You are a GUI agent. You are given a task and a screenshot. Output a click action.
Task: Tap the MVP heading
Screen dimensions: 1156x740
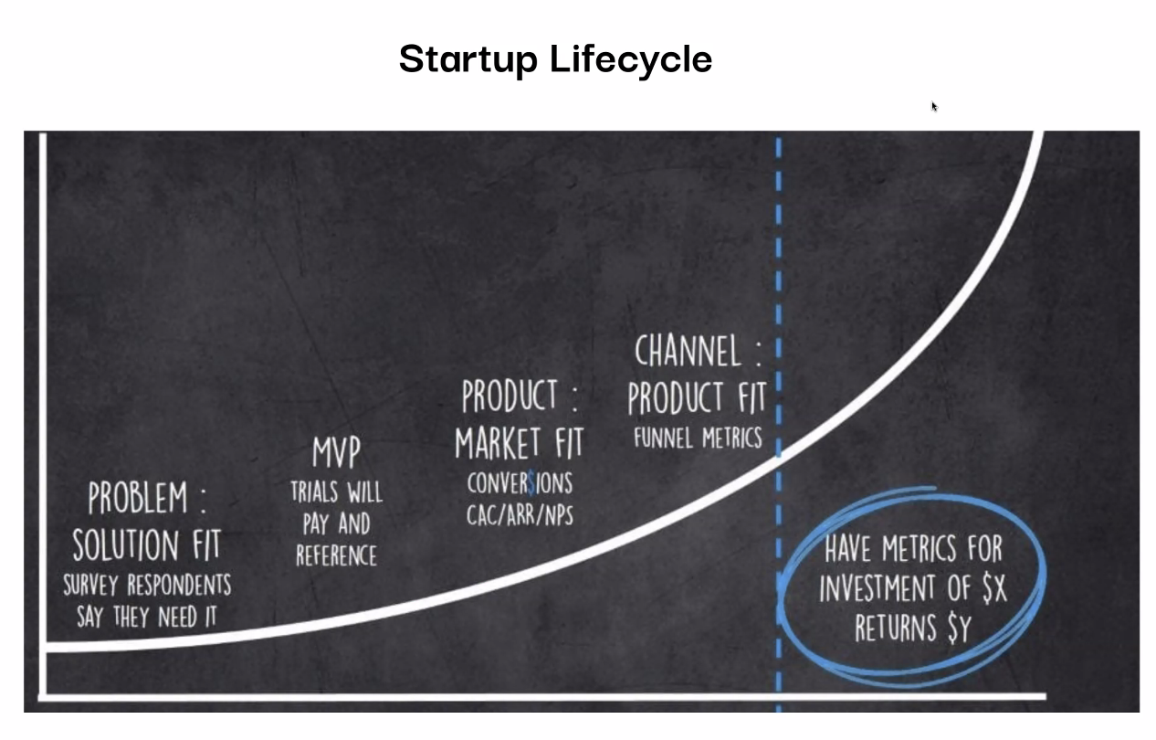point(336,452)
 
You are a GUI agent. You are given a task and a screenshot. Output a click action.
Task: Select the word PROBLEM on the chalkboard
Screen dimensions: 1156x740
point(137,497)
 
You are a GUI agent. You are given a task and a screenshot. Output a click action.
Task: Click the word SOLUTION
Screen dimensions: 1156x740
point(126,544)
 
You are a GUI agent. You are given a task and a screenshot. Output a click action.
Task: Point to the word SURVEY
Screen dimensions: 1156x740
point(90,585)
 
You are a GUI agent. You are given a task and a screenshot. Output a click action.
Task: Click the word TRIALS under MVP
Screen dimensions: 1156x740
point(314,492)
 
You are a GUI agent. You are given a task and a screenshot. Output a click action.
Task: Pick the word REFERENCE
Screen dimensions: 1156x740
point(336,555)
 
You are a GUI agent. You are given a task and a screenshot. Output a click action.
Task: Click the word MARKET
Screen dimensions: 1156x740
point(498,443)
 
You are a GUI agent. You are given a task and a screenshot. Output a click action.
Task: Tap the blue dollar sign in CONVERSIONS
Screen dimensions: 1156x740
point(532,484)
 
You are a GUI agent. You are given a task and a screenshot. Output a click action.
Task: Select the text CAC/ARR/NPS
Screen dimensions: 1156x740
point(520,515)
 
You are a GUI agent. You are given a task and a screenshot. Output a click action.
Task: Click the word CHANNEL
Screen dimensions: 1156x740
point(688,351)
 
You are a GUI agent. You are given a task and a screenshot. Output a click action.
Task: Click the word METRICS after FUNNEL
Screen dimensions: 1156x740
point(731,438)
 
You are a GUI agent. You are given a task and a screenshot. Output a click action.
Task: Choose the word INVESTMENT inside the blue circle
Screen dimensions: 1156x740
point(877,588)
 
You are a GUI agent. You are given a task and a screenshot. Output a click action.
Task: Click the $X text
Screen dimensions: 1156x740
point(994,588)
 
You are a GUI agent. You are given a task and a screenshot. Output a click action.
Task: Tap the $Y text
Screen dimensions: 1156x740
point(960,628)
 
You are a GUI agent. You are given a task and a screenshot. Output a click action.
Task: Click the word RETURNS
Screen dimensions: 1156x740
point(896,628)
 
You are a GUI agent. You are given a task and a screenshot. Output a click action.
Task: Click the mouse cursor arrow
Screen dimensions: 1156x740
point(934,106)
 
